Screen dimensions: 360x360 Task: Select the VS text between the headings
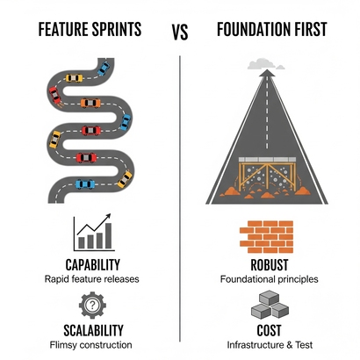point(180,32)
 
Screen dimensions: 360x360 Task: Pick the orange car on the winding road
point(88,103)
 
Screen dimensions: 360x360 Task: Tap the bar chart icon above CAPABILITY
point(92,232)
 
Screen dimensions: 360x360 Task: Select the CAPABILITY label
point(91,263)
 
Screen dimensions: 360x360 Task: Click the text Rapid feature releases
point(91,279)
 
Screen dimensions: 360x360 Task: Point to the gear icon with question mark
point(91,306)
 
